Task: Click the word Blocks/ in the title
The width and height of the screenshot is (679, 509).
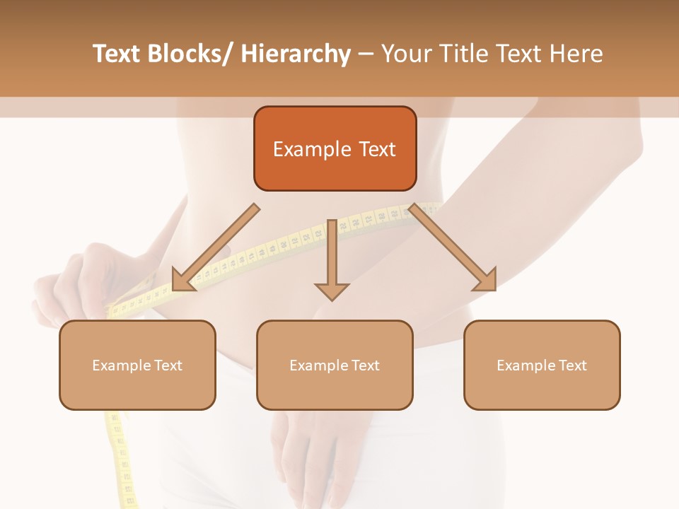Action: click(x=190, y=54)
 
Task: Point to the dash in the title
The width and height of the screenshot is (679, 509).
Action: click(x=366, y=54)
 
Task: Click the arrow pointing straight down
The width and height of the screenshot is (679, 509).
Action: click(x=332, y=262)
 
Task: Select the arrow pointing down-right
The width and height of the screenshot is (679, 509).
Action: click(x=453, y=247)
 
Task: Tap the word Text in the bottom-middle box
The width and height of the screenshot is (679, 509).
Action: click(x=364, y=365)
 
